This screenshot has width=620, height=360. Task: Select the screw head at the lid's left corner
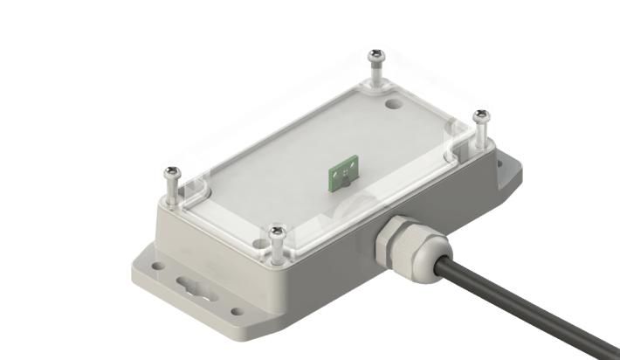[172, 172]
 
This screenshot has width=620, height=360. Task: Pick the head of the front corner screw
[278, 232]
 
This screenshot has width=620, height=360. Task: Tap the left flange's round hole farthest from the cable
[157, 260]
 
